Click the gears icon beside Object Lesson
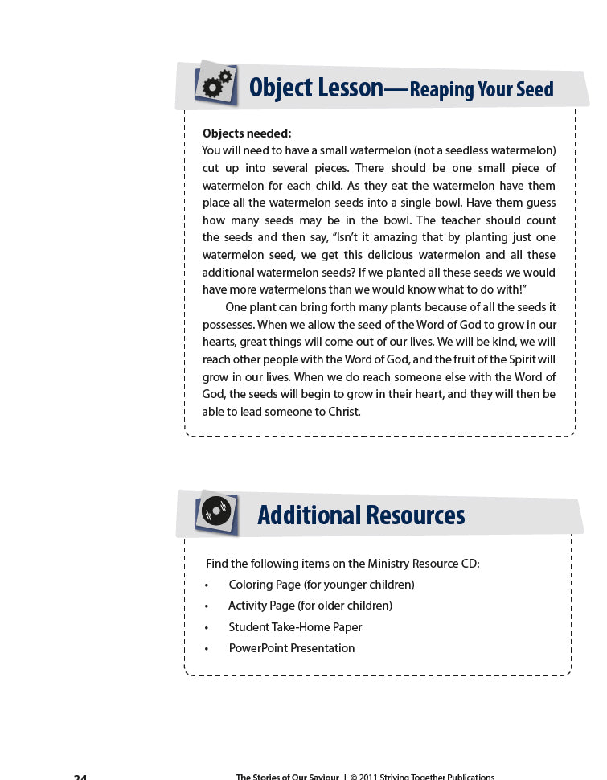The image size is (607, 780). point(216,83)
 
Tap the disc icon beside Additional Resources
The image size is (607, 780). point(216,512)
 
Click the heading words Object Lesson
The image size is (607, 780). point(316,87)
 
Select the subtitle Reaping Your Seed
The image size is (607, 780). point(482,89)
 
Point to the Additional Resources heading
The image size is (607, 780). point(361,515)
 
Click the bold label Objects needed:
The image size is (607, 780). point(246,133)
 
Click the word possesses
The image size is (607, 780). point(228,325)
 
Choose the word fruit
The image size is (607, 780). point(464,359)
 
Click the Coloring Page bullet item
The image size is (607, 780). point(321,585)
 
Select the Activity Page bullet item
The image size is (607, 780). point(310,606)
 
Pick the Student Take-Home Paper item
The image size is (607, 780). point(295,627)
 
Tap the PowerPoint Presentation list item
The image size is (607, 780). point(291,648)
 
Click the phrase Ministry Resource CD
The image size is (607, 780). point(422,564)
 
